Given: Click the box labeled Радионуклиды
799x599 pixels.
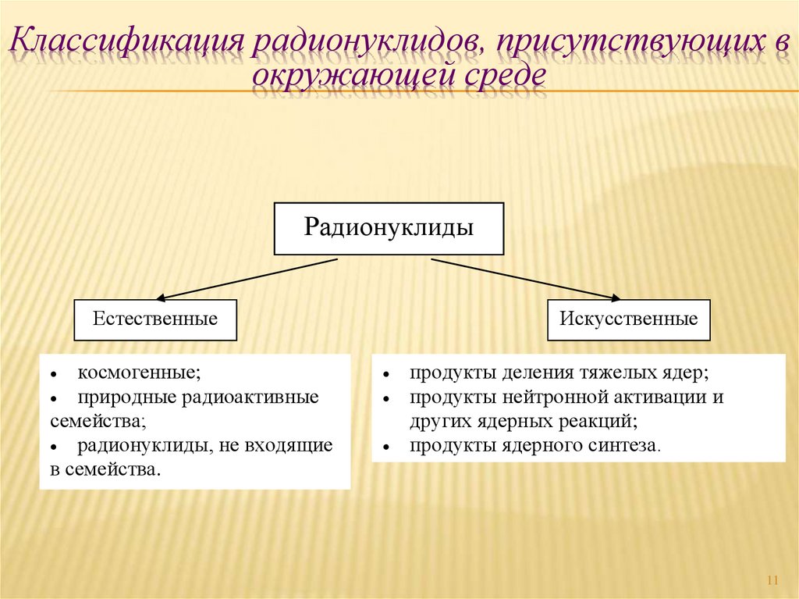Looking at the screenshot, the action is [x=389, y=228].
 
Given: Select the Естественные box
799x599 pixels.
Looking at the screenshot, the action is [x=155, y=319].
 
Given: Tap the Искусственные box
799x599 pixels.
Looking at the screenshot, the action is [x=628, y=319].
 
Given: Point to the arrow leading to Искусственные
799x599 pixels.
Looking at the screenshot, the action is [x=526, y=279].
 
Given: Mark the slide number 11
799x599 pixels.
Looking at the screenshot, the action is [x=773, y=580].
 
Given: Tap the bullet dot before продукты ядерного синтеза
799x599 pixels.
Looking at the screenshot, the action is [x=386, y=448].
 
